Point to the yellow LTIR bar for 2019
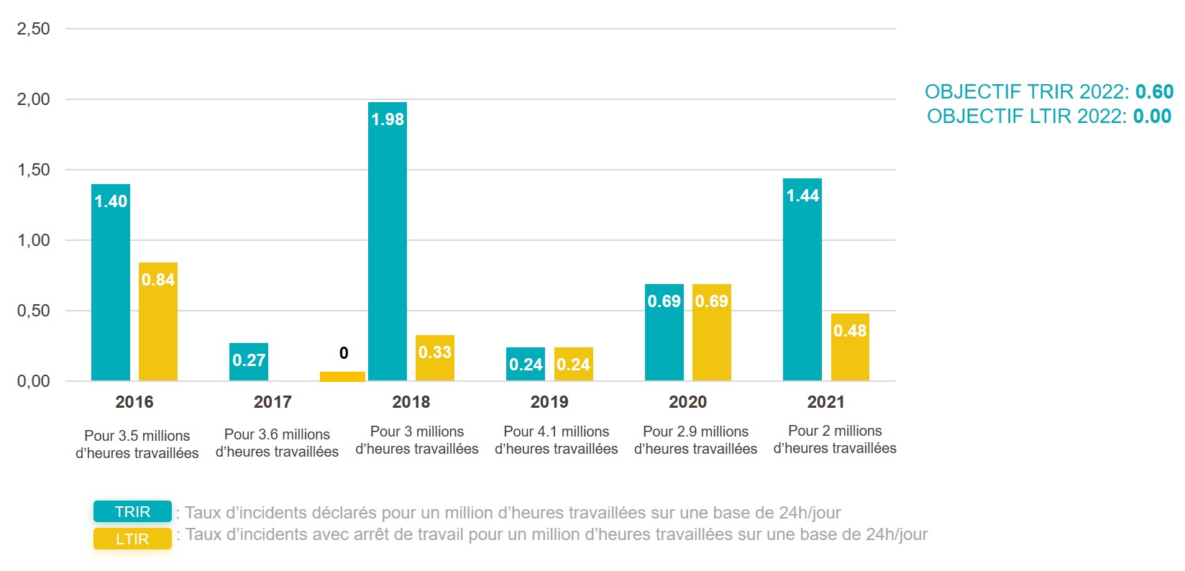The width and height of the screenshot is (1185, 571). [x=573, y=365]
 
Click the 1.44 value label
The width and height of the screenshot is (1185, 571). [x=802, y=196]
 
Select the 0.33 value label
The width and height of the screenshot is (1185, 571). [x=435, y=352]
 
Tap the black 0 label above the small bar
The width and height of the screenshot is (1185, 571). [x=344, y=353]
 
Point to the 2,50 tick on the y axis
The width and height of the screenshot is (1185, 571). [x=34, y=29]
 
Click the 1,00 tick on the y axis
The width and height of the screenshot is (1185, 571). [x=34, y=240]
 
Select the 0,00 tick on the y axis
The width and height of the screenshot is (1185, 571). [x=34, y=381]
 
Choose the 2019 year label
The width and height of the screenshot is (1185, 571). [x=549, y=402]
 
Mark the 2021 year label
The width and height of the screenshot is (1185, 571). [x=825, y=402]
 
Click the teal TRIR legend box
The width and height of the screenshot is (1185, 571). [x=132, y=511]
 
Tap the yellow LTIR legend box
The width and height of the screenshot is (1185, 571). [x=132, y=539]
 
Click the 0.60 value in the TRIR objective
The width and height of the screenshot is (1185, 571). [x=1154, y=92]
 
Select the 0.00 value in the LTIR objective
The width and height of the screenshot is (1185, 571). [x=1152, y=117]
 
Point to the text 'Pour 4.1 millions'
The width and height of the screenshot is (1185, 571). [x=557, y=431]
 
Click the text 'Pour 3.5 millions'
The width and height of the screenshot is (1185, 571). [x=137, y=436]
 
